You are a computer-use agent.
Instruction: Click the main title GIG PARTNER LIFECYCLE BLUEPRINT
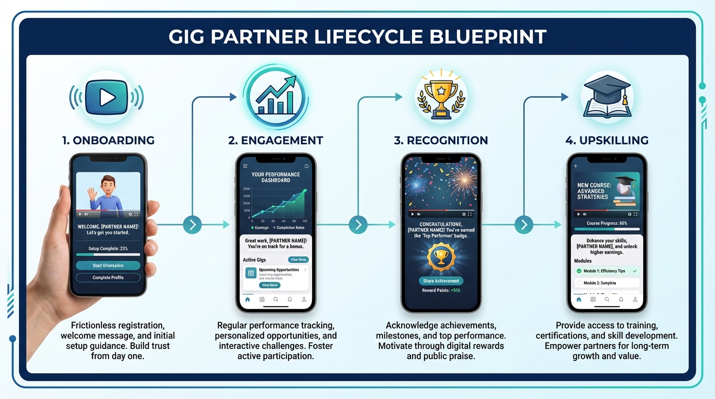coord(357,37)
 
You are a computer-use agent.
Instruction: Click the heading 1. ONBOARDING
coord(108,140)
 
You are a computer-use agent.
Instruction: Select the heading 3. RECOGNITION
coord(440,140)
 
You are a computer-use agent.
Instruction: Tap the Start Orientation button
coord(108,265)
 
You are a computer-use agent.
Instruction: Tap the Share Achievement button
coord(441,281)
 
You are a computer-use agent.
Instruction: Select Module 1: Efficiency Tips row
coord(606,271)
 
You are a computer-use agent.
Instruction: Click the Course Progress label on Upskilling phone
coord(606,223)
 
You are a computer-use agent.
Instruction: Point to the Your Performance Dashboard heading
coord(275,177)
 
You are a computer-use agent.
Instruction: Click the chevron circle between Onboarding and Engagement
coord(192,224)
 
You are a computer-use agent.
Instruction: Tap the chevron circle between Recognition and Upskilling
coord(524,224)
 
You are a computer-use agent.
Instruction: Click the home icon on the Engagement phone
coord(247,300)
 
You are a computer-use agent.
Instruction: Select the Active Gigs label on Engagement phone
coord(254,260)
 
